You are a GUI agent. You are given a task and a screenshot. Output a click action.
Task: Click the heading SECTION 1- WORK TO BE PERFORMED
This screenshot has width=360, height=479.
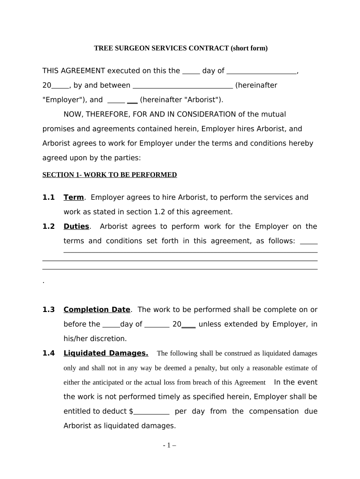(109, 175)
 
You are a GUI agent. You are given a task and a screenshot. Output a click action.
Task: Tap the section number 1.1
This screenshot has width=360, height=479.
(49, 197)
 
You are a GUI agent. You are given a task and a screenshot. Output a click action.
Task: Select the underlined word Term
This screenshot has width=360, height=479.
(73, 197)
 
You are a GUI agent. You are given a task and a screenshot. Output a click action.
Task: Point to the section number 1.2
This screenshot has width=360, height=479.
(49, 226)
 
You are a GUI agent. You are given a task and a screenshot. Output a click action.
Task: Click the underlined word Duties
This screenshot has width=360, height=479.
(76, 226)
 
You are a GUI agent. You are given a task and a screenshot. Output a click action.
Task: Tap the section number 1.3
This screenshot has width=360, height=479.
(49, 310)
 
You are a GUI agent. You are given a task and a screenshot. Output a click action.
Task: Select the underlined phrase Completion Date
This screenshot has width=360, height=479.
(97, 310)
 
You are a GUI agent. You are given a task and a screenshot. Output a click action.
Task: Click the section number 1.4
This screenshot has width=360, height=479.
(49, 353)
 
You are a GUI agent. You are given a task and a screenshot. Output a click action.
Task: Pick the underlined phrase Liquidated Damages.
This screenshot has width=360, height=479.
(106, 353)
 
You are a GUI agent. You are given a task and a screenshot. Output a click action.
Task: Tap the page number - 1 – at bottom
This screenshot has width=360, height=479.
(169, 446)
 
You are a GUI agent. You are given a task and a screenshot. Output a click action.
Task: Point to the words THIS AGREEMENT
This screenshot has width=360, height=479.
(74, 71)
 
